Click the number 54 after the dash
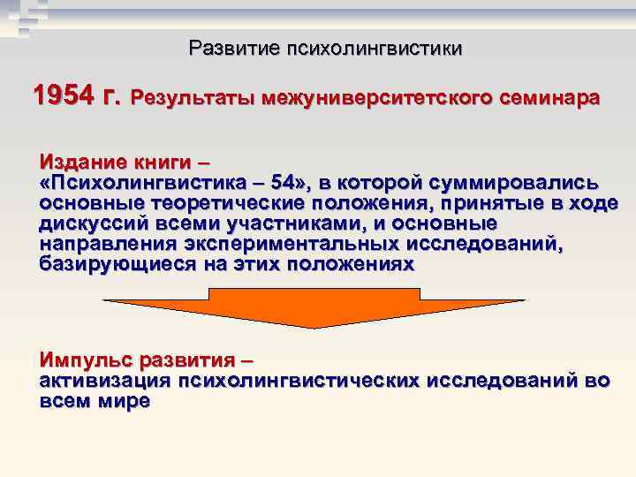286,184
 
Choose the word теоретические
234,204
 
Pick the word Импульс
87,361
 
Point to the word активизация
105,382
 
